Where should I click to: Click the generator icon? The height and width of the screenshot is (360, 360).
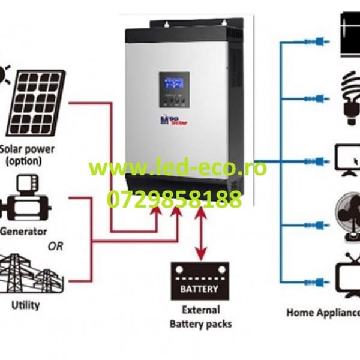[x=25, y=198]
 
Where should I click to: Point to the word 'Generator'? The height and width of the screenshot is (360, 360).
[x=24, y=231]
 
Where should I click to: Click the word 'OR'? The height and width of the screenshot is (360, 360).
[x=55, y=247]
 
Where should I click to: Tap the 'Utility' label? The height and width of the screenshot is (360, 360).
[x=26, y=305]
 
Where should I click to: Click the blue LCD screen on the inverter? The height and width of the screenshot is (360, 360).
[x=174, y=89]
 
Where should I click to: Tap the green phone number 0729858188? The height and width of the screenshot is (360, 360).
[x=174, y=199]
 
